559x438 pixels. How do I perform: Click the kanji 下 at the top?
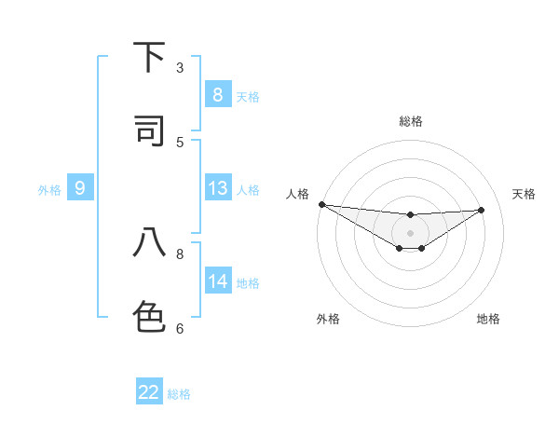click(x=149, y=58)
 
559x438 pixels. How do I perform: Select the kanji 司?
click(x=149, y=130)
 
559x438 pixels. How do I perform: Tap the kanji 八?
click(x=149, y=243)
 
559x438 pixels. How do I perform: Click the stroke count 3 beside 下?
click(x=180, y=67)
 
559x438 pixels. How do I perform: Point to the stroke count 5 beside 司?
click(x=180, y=142)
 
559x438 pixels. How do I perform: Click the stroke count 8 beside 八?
click(x=180, y=253)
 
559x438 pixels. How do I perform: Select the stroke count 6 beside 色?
click(x=180, y=327)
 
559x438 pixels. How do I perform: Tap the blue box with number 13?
click(x=217, y=188)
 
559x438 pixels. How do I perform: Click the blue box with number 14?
click(x=217, y=281)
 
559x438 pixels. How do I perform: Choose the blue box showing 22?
click(x=149, y=392)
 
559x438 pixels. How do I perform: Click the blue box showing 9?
click(x=80, y=188)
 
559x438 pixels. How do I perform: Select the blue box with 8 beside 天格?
click(x=217, y=94)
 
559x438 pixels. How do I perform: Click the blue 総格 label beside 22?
click(x=179, y=394)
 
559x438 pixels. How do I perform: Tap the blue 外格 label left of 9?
click(x=49, y=190)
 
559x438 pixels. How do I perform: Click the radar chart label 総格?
click(x=411, y=121)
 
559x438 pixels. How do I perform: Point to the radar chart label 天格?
click(x=525, y=194)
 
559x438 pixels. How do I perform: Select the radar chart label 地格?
click(x=488, y=319)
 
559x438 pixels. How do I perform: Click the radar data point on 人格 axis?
click(x=321, y=204)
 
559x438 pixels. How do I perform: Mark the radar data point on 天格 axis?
click(x=482, y=210)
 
